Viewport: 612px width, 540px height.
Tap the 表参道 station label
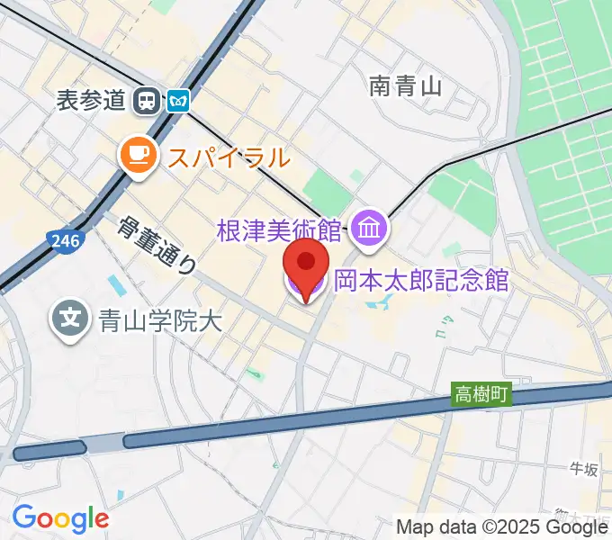[x=90, y=100]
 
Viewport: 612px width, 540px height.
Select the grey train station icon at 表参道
[x=145, y=100]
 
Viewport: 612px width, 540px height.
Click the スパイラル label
[x=228, y=157]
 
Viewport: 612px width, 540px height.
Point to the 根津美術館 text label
[x=280, y=229]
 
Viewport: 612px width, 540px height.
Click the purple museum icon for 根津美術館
[x=370, y=229]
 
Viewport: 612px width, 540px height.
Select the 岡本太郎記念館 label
[x=422, y=281]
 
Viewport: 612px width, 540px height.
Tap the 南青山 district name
[x=406, y=85]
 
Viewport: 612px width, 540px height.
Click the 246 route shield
[x=64, y=240]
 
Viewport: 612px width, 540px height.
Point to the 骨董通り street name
[x=157, y=245]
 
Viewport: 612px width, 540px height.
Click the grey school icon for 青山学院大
[x=71, y=318]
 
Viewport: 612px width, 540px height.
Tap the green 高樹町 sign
[x=481, y=394]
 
